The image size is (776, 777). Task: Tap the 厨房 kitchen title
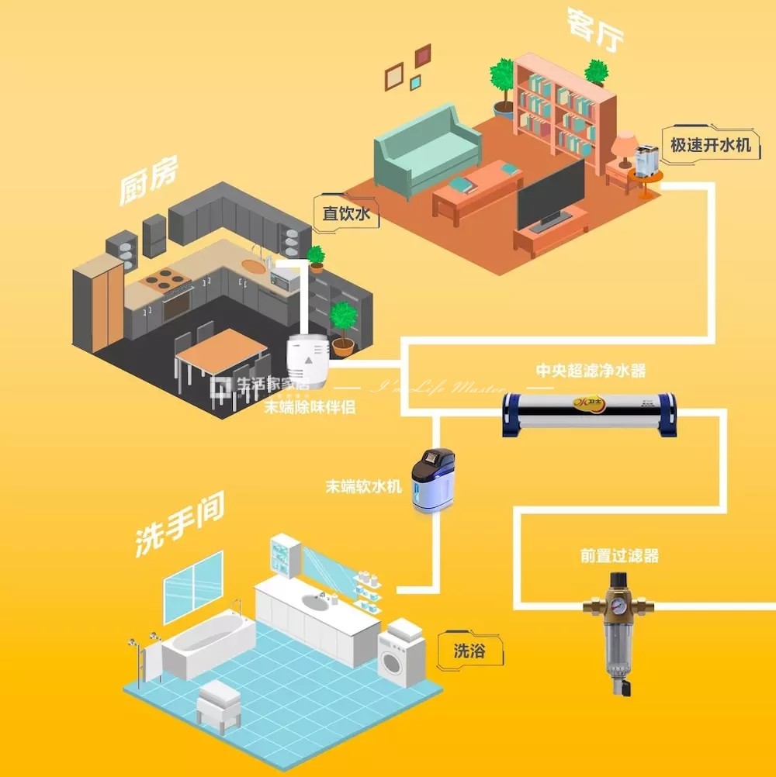(x=149, y=181)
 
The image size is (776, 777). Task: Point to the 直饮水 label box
(x=346, y=214)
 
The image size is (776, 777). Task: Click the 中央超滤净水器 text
(x=591, y=371)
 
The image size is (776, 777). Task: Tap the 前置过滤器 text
(x=618, y=556)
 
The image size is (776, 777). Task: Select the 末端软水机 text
(x=363, y=487)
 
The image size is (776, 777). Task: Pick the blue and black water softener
(x=431, y=480)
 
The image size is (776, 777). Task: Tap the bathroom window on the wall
(x=192, y=587)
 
